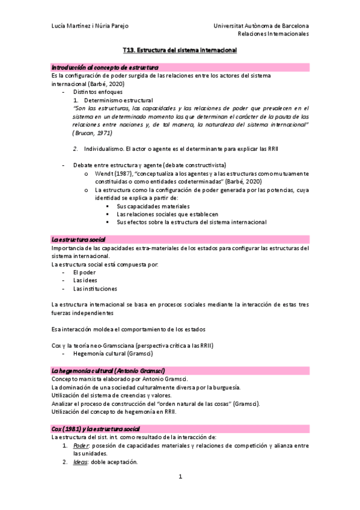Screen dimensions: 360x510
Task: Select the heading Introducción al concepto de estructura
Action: [105, 67]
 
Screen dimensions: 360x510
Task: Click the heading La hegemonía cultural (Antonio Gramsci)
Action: [108, 370]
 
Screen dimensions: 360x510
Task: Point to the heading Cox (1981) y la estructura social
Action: [96, 428]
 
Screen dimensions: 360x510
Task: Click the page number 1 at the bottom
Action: [180, 477]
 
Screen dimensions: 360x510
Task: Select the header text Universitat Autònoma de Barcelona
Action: [261, 26]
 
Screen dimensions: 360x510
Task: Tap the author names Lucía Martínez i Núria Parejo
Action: [90, 26]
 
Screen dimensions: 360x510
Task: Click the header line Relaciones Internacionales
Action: [273, 34]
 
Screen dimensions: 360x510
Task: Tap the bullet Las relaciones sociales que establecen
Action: [167, 214]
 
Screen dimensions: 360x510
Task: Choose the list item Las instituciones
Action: [95, 288]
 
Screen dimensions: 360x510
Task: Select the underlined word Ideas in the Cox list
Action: [80, 462]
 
